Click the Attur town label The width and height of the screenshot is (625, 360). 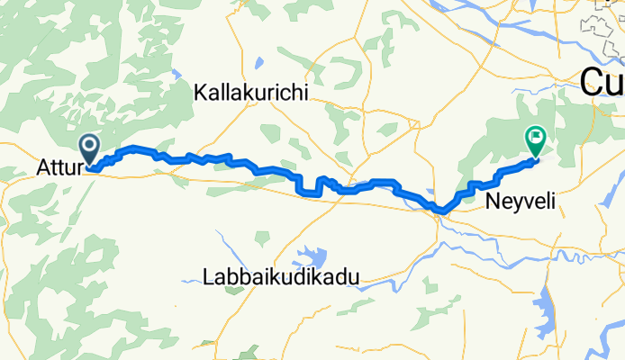[x=59, y=167]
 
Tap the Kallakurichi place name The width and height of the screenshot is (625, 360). [x=251, y=93]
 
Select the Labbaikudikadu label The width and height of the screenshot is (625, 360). [x=280, y=277]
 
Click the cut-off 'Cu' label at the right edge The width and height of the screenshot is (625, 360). [x=602, y=83]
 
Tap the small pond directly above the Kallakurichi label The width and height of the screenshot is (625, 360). [x=258, y=64]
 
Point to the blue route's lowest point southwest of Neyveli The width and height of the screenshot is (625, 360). [x=440, y=211]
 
